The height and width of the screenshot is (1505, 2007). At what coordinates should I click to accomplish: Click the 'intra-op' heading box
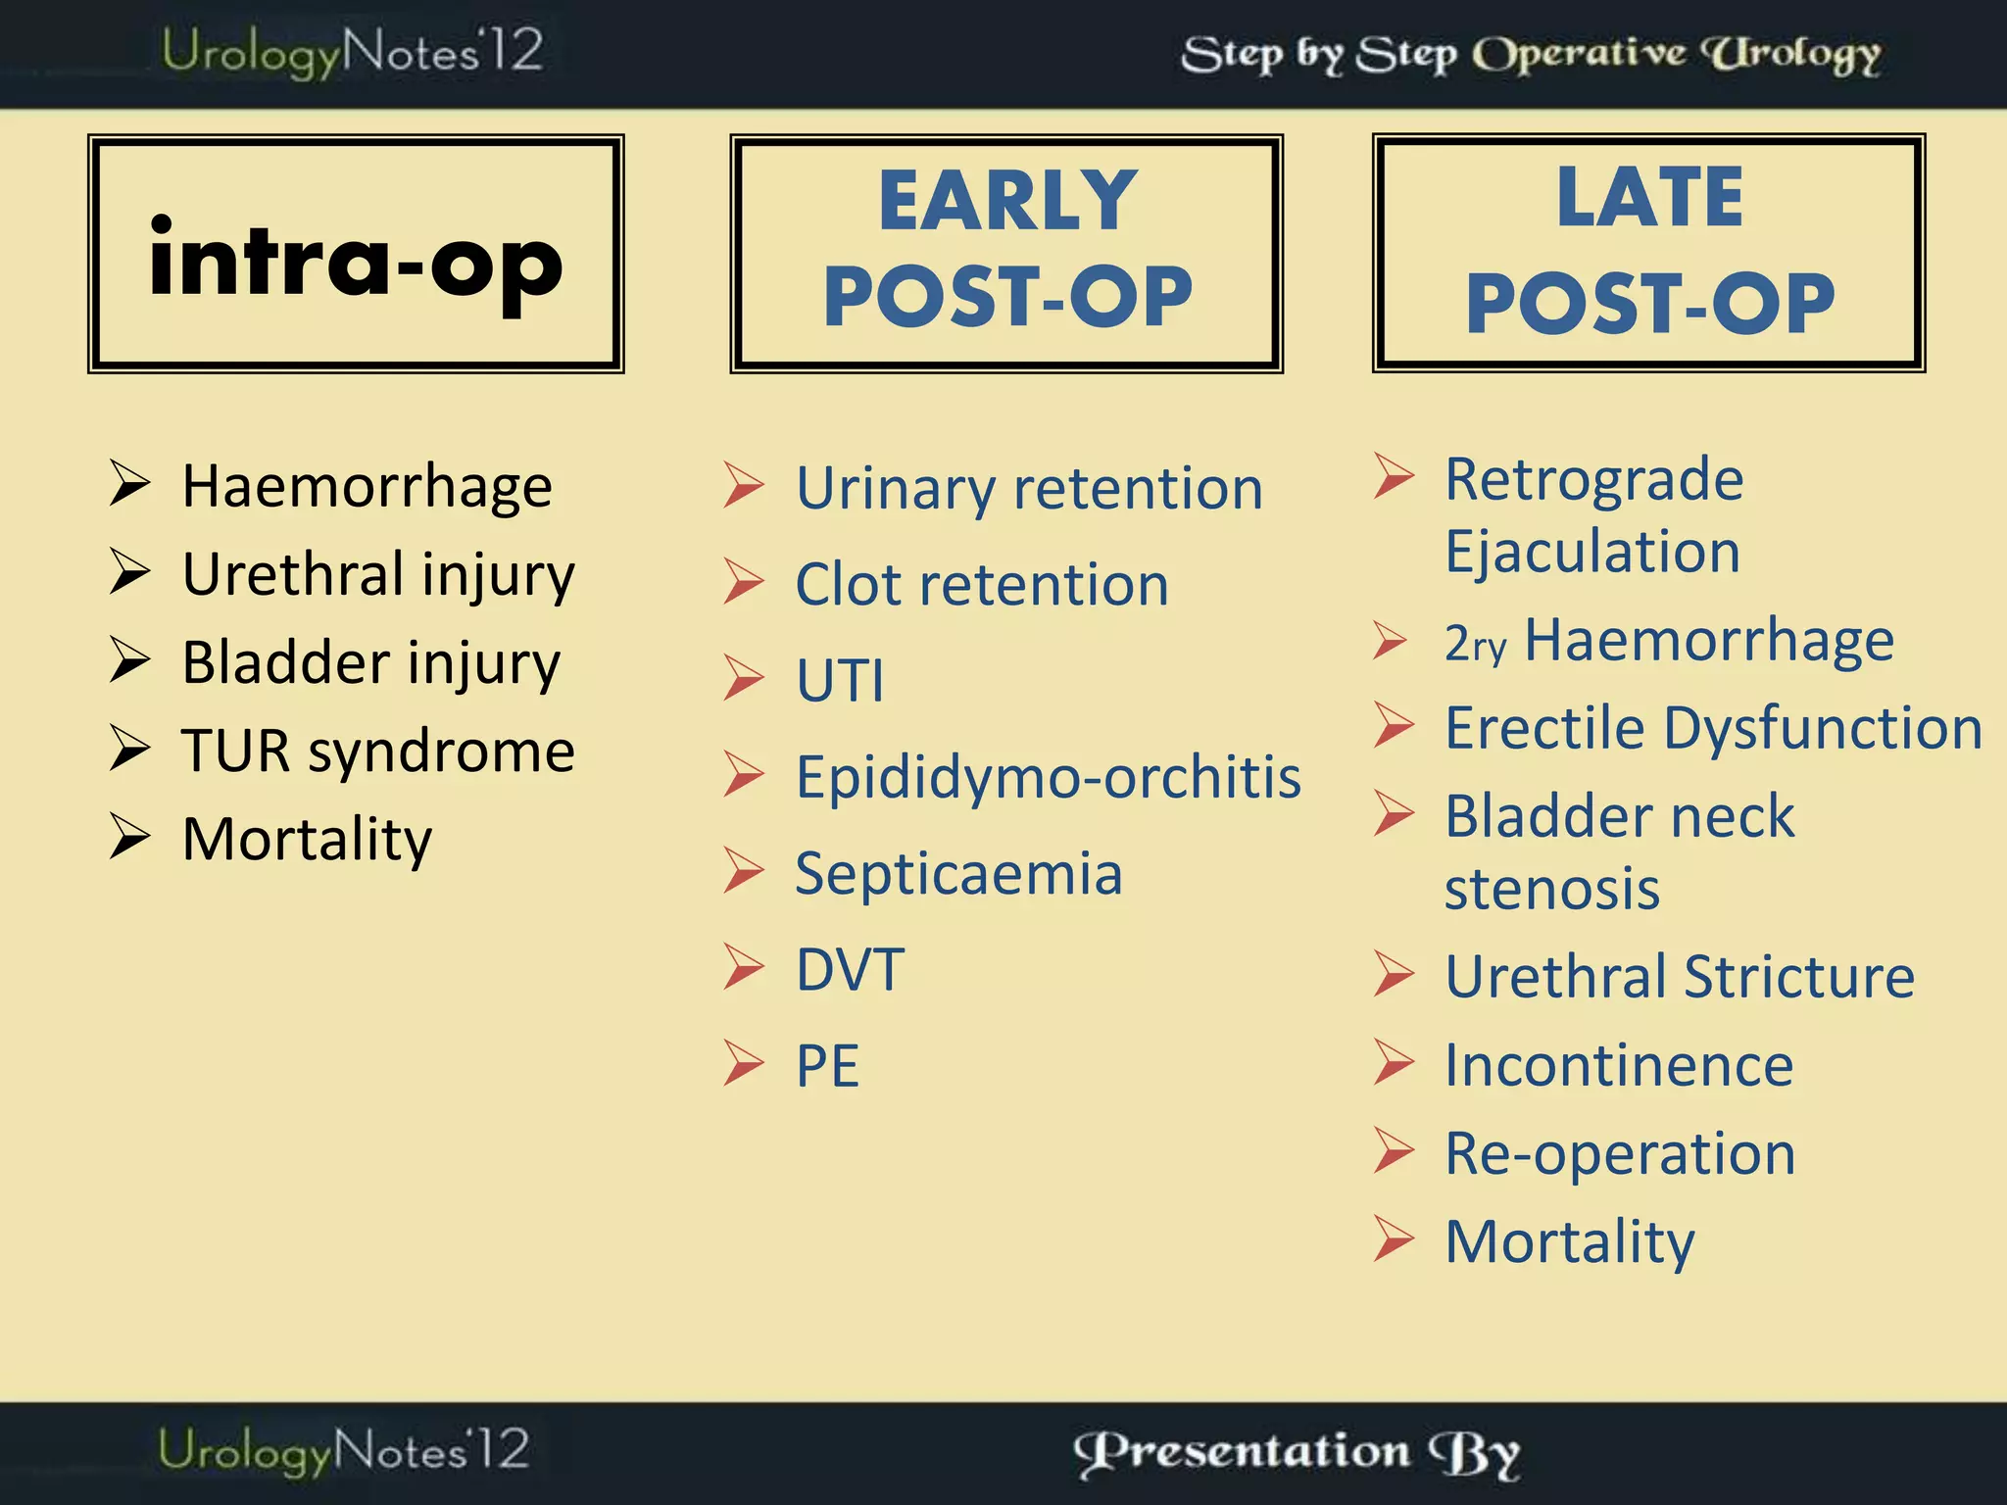pos(355,255)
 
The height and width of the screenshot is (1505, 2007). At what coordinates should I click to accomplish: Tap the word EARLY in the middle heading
pos(1007,201)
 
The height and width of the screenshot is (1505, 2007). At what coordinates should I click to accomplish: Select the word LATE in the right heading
pos(1649,198)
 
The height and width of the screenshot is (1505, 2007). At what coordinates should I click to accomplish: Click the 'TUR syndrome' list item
pos(377,752)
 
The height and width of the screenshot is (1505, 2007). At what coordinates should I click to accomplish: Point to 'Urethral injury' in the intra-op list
pos(377,574)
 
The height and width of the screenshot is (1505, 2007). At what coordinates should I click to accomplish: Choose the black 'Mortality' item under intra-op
pos(307,840)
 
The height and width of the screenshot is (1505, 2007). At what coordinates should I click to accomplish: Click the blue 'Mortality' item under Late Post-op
pos(1569,1241)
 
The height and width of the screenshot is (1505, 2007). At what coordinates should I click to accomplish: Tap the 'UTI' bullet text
pos(840,680)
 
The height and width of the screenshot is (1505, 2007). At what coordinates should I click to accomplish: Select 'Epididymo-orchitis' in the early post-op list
pos(1048,777)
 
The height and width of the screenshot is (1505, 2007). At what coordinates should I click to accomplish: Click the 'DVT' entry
pos(850,970)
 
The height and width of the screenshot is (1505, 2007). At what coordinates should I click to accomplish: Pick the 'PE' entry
pos(827,1066)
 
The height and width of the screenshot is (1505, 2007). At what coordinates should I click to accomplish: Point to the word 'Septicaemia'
pos(957,873)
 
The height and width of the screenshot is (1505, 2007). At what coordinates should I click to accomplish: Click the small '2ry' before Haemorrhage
pos(1474,645)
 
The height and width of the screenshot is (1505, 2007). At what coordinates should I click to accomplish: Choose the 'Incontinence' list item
pos(1619,1065)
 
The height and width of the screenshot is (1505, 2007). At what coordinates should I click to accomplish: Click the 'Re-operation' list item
pos(1620,1153)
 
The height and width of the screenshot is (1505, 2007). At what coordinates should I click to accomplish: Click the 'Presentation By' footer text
pos(1297,1453)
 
